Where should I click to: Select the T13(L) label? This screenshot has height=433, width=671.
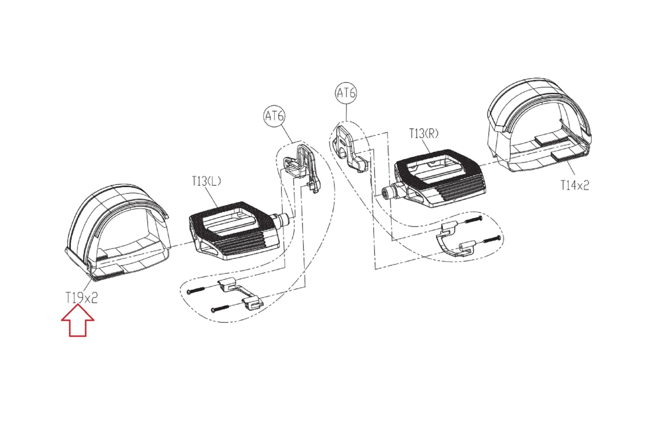206,181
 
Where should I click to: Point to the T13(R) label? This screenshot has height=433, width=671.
424,134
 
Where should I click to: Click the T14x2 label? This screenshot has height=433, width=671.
575,185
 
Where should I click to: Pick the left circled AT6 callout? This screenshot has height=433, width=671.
274,116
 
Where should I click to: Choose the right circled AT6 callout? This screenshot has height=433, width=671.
346,93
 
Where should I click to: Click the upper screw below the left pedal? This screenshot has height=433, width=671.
196,290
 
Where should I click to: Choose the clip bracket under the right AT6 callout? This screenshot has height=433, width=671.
349,147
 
